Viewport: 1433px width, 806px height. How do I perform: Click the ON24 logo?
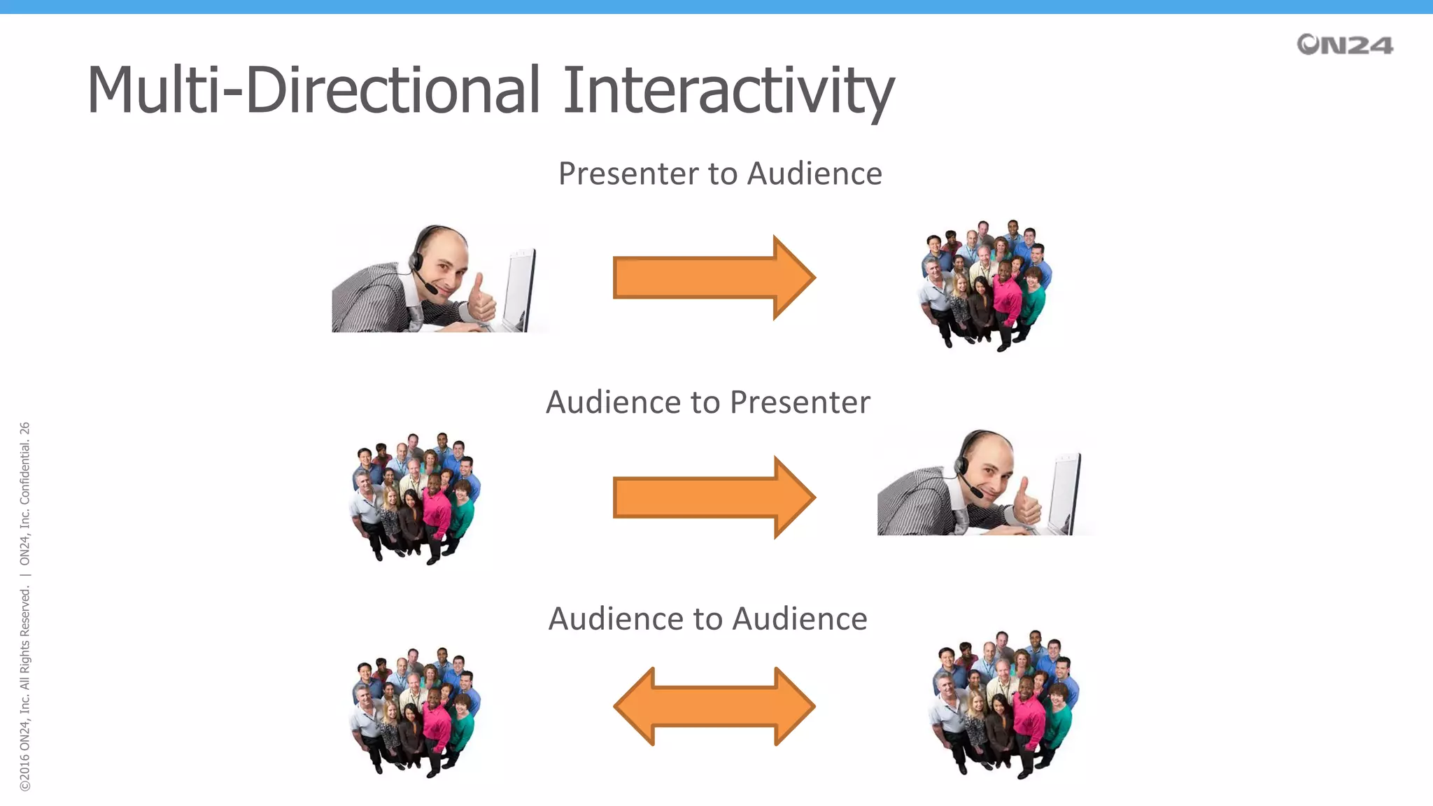pyautogui.click(x=1344, y=45)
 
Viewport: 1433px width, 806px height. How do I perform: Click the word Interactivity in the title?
pyautogui.click(x=728, y=91)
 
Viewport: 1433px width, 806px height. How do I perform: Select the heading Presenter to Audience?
pyautogui.click(x=720, y=174)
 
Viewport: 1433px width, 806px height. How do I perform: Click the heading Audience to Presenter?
pyautogui.click(x=707, y=402)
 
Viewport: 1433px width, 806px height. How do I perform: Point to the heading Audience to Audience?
pyautogui.click(x=707, y=618)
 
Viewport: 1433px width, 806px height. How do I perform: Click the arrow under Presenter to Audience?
pyautogui.click(x=713, y=278)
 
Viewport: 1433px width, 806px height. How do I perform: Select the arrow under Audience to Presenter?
pyautogui.click(x=713, y=497)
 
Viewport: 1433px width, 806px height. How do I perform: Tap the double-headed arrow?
pyautogui.click(x=714, y=706)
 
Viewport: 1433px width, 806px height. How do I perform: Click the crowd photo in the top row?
pyautogui.click(x=985, y=285)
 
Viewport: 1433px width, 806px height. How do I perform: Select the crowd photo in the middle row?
pyautogui.click(x=415, y=498)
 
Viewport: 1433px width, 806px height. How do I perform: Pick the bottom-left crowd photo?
pyautogui.click(x=415, y=712)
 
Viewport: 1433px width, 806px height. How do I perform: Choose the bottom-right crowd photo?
pyautogui.click(x=1003, y=704)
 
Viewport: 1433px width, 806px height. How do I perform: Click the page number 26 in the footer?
pyautogui.click(x=25, y=428)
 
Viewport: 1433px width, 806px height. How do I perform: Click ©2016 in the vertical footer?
pyautogui.click(x=25, y=773)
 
